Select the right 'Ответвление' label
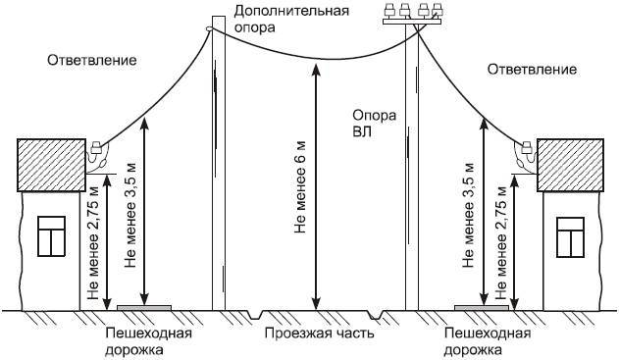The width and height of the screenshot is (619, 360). [x=531, y=71]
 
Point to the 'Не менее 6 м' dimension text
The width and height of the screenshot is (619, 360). [x=301, y=186]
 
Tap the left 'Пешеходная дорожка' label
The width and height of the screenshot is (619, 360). [x=148, y=340]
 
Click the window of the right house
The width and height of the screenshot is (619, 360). [x=570, y=236]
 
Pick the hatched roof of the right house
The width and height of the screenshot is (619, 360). [x=572, y=164]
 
